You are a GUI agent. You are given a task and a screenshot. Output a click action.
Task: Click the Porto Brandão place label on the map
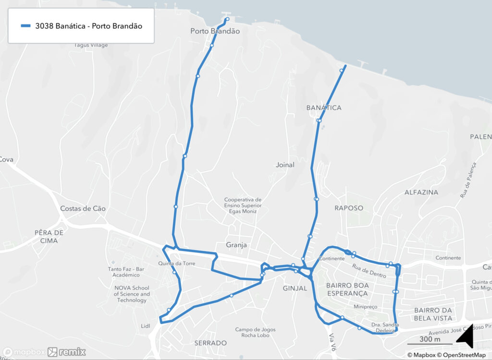click(215, 31)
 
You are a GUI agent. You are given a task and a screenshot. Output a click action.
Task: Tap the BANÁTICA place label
click(324, 108)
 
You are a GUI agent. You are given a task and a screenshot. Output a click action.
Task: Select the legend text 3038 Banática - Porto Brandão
click(89, 26)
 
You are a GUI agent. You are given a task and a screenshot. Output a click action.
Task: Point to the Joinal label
click(285, 165)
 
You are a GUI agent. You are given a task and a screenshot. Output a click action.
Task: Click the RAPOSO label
click(349, 208)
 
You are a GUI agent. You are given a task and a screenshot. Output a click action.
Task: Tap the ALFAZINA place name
click(421, 192)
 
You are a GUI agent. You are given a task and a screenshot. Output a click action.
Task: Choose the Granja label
click(236, 245)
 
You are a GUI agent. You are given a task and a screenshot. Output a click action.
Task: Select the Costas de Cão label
click(83, 208)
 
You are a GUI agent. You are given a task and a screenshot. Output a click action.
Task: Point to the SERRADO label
click(210, 343)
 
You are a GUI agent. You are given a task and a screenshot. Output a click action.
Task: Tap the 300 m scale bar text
click(430, 339)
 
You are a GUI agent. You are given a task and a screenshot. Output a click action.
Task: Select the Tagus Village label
click(91, 45)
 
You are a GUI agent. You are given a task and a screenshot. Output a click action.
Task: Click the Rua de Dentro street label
click(369, 270)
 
